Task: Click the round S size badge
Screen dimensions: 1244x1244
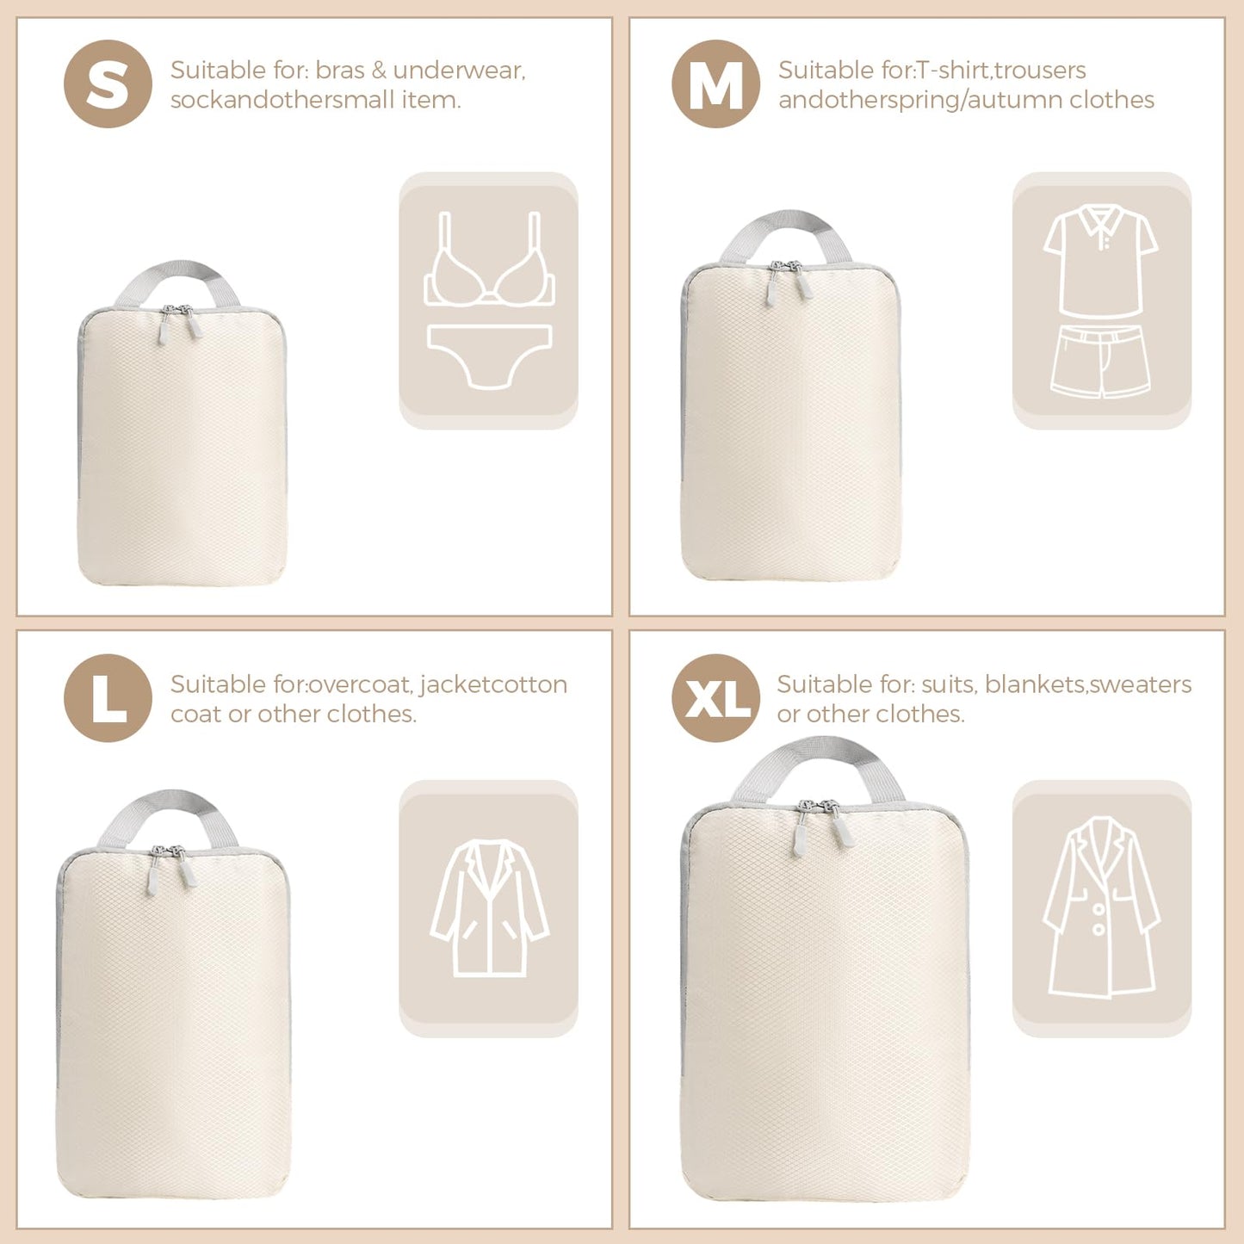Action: pyautogui.click(x=108, y=84)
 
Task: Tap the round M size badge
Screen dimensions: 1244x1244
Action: pyautogui.click(x=715, y=84)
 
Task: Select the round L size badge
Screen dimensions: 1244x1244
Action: pyautogui.click(x=108, y=697)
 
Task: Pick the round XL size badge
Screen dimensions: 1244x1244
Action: pyautogui.click(x=715, y=697)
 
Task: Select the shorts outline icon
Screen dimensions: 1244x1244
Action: pyautogui.click(x=1100, y=362)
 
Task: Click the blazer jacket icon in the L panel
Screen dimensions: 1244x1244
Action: pyautogui.click(x=489, y=907)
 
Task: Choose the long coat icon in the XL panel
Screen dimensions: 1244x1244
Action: pyautogui.click(x=1101, y=907)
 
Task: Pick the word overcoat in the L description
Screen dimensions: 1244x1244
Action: pyautogui.click(x=361, y=684)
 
